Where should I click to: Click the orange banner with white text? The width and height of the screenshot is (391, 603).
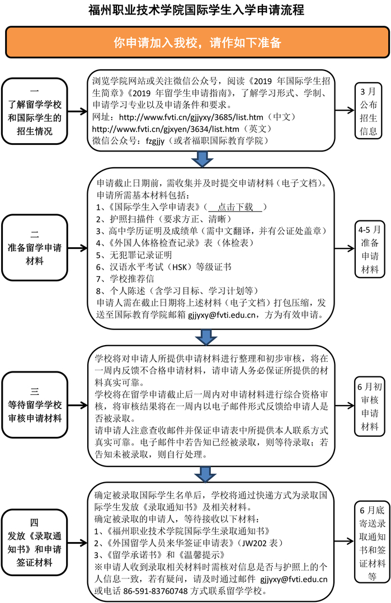195,43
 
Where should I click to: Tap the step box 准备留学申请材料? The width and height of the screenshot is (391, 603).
34,247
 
